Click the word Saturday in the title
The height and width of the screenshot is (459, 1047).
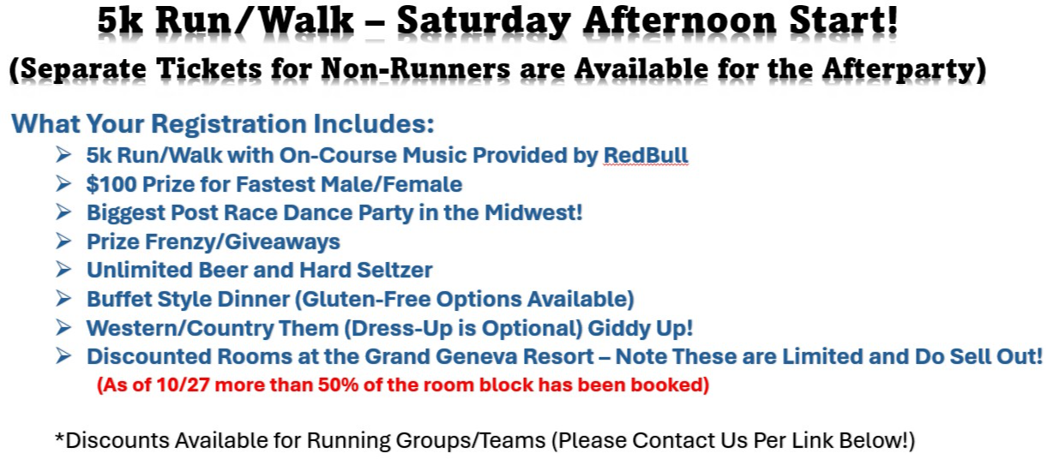click(484, 22)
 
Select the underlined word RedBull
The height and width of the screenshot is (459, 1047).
click(646, 156)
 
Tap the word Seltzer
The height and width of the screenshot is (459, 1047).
click(394, 271)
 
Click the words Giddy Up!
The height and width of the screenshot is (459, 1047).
click(640, 328)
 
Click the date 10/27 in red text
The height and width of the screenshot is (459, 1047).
click(183, 385)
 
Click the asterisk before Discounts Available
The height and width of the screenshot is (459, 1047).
click(59, 437)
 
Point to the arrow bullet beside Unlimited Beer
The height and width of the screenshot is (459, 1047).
click(63, 270)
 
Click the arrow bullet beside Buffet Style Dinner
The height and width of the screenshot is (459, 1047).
click(63, 299)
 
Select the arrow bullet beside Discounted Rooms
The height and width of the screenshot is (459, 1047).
click(63, 356)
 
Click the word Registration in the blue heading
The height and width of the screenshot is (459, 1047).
click(229, 124)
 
